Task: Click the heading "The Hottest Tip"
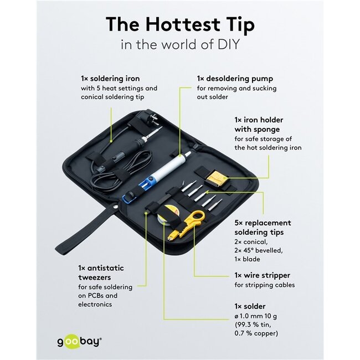click(180, 25)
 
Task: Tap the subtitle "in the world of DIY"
click(180, 44)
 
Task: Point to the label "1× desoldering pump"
click(235, 79)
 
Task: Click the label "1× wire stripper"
click(262, 275)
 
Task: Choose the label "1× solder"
click(250, 306)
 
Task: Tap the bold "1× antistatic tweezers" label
click(101, 272)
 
